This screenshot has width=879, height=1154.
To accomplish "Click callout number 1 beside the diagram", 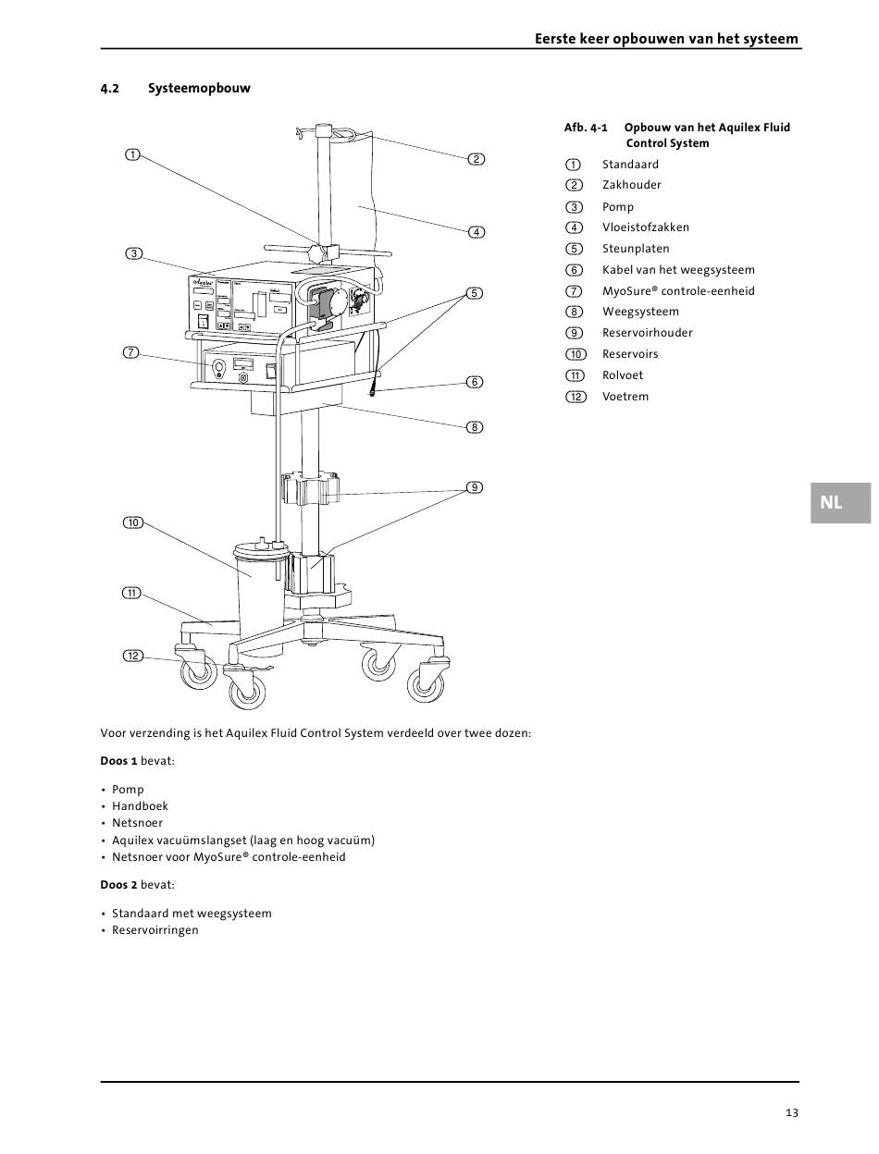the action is click(x=132, y=154).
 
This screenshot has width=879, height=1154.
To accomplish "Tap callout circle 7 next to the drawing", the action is click(x=131, y=352).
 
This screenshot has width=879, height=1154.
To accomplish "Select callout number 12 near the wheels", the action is click(x=133, y=656).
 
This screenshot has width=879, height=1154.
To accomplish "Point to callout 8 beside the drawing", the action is click(x=475, y=427).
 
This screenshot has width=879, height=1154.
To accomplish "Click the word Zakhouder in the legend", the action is click(x=631, y=185).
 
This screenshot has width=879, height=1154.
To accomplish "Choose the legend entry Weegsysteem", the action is click(x=640, y=312).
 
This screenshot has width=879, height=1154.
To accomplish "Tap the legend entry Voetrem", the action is click(x=625, y=397).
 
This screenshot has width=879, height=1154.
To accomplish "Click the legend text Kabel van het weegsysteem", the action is click(x=678, y=270).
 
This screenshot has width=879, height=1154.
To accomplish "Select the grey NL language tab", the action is click(x=840, y=503).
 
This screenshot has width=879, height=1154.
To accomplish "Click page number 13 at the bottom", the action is click(x=792, y=1112).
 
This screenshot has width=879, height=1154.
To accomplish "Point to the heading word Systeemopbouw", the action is click(x=199, y=88).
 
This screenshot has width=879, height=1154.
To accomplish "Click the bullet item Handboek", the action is click(x=140, y=806).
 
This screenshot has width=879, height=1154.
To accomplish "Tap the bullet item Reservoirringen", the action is click(x=155, y=930).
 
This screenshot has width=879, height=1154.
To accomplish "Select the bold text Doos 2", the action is click(x=118, y=885).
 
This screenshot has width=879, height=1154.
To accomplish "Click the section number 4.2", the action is click(x=109, y=89).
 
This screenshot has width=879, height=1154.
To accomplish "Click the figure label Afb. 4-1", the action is click(x=586, y=128).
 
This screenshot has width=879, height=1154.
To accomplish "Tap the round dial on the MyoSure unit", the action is click(x=217, y=366).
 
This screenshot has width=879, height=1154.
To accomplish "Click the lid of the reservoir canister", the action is click(x=262, y=550).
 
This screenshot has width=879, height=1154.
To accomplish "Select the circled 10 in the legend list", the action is click(x=576, y=354).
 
